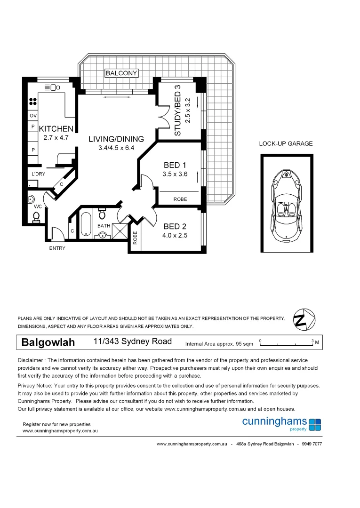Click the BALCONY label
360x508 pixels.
click(121, 73)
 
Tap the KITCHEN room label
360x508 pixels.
click(56, 129)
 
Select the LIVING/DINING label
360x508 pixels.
click(116, 139)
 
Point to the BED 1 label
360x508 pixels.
click(175, 165)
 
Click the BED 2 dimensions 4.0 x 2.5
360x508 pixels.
click(175, 236)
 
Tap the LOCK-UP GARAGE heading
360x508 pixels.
click(286, 144)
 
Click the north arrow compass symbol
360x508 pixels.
click(301, 319)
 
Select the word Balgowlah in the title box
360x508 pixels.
click(48, 342)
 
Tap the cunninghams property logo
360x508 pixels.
click(281, 423)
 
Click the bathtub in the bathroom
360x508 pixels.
click(86, 225)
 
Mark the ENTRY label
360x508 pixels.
click(57, 248)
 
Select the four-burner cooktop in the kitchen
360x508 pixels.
click(33, 103)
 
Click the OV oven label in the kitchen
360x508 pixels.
click(33, 116)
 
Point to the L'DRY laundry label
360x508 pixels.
click(38, 174)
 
